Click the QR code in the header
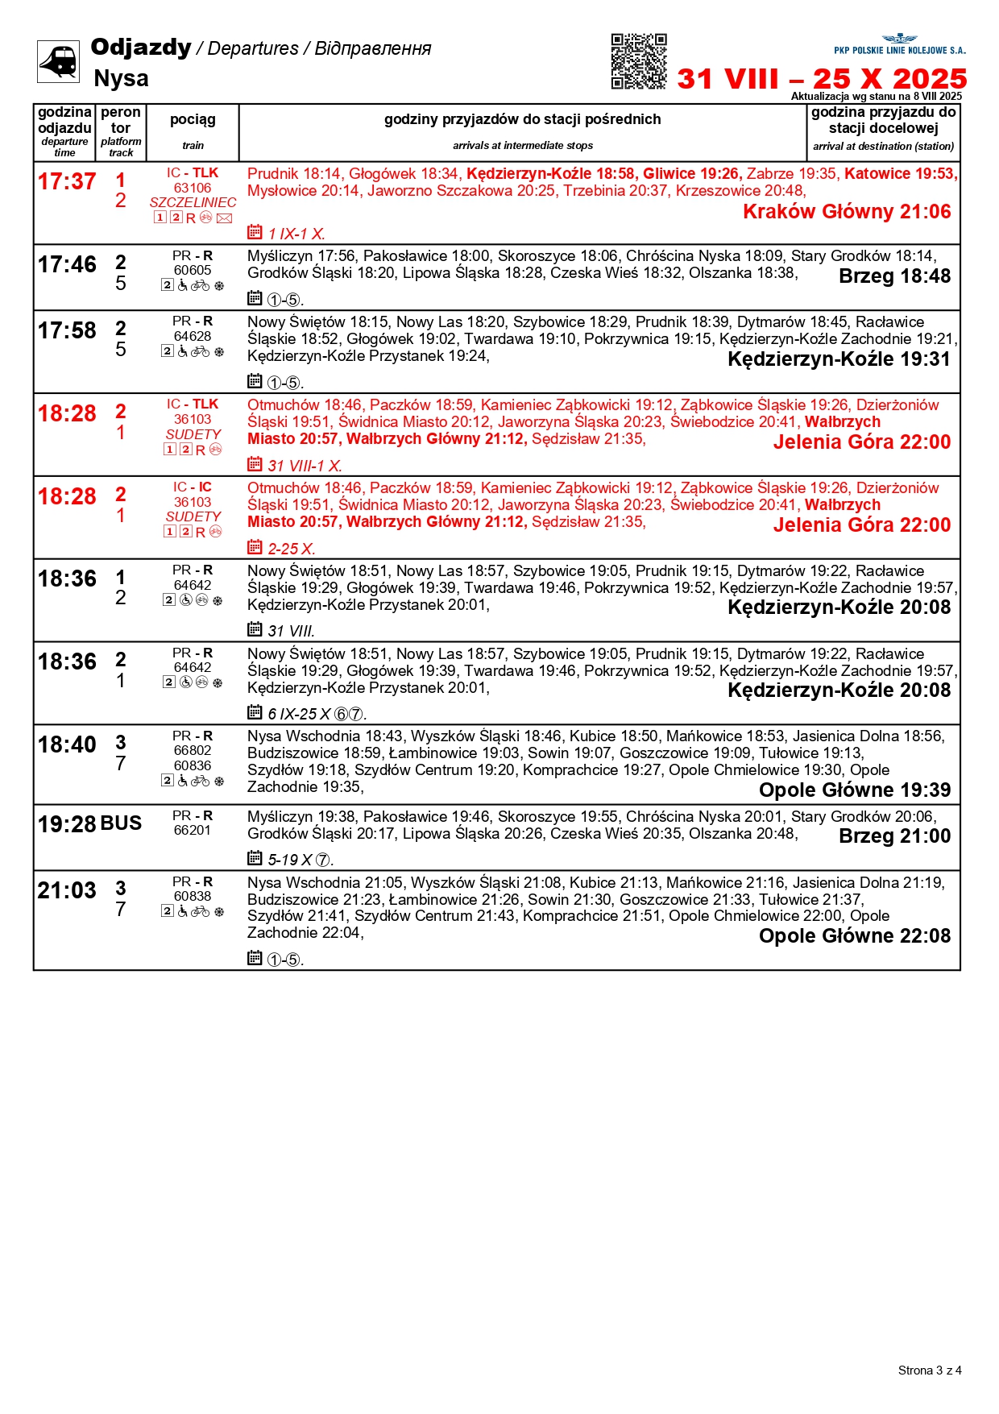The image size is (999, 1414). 638,61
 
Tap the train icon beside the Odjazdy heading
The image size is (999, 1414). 58,61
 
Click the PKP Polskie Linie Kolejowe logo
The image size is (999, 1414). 899,44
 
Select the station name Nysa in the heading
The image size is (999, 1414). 121,79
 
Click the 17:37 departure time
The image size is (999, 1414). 67,182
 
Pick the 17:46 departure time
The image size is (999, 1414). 67,265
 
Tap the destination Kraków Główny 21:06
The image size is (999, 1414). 847,212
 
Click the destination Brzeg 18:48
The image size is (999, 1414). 894,276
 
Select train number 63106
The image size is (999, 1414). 193,188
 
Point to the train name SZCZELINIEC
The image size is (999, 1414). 193,202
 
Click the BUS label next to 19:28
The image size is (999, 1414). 122,823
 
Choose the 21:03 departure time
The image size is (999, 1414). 67,891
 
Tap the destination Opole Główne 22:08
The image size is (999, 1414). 854,936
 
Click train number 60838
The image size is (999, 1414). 193,896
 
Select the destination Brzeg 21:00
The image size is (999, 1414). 894,836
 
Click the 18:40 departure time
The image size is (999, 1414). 67,745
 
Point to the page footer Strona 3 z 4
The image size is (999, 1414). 930,1370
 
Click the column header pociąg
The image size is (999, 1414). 193,120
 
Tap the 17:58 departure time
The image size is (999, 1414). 67,331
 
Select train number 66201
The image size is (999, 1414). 193,830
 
